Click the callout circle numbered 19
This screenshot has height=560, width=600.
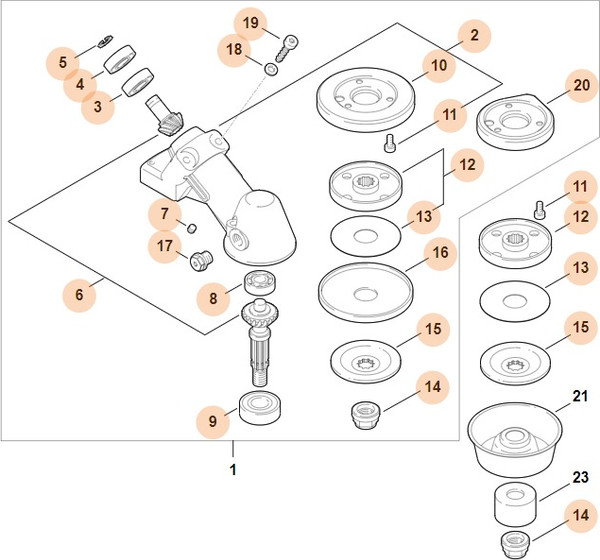(x=252, y=22)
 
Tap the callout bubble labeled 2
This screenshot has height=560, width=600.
(x=474, y=36)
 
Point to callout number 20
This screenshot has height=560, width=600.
(x=581, y=86)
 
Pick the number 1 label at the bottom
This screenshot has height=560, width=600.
(x=233, y=468)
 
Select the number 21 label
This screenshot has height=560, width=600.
(x=576, y=397)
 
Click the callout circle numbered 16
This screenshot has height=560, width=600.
(x=439, y=255)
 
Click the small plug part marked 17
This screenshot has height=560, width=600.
(x=198, y=262)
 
